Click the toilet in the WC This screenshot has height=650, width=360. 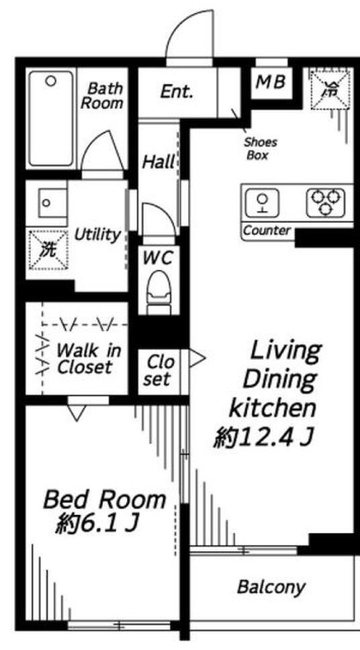coord(160,290)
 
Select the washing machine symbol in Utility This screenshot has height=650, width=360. coord(48,250)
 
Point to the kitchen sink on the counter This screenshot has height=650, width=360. coord(262,203)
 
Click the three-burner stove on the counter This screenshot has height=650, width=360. coord(326,203)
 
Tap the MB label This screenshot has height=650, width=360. coord(271,82)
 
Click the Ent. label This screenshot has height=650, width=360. coord(177,91)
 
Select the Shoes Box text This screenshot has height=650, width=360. coord(261,149)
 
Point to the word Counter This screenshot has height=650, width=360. coord(267,230)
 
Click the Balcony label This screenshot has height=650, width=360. coord(271,587)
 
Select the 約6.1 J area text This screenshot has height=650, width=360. coord(96,524)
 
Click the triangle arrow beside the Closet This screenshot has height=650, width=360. coord(197,359)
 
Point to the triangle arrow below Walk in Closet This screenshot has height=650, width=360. coord(77,413)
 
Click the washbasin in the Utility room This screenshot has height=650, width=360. coord(52,202)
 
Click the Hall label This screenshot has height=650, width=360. coord(159,162)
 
